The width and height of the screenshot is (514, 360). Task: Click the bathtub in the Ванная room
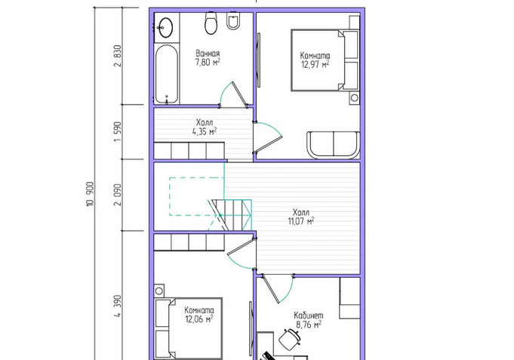[167, 75]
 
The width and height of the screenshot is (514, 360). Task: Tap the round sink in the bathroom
[166, 27]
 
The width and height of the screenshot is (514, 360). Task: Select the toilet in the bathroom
[211, 23]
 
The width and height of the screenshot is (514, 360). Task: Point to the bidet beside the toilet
[233, 20]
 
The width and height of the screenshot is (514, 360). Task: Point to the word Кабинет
[309, 315]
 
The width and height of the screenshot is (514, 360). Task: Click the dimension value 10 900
[91, 194]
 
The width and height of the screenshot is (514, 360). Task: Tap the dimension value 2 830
[118, 56]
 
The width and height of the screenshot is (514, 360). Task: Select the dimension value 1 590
[118, 132]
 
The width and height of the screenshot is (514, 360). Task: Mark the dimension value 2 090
[118, 195]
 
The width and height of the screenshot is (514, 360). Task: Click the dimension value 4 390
[118, 306]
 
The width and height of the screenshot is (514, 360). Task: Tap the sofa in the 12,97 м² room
[334, 145]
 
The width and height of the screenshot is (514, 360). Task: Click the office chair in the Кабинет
[289, 339]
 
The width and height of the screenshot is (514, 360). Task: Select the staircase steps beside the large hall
[232, 215]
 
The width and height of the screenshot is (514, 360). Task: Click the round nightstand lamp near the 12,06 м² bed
[159, 291]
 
